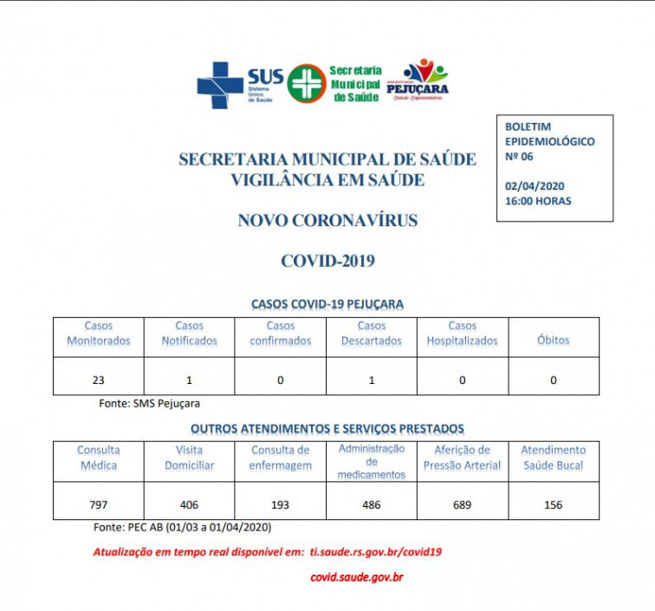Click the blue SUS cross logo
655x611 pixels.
point(220,84)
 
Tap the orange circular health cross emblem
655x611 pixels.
point(307,83)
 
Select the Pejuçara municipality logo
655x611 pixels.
point(424,81)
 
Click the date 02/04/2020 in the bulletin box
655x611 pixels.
point(534,186)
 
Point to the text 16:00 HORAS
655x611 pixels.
point(538,201)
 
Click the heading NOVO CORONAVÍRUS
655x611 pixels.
point(327,221)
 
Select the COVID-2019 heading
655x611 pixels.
point(327,260)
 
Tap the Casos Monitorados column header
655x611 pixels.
point(99,334)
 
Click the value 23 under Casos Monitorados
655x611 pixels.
point(98,380)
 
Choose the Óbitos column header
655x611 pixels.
point(553,341)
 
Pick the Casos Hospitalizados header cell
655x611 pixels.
point(462,334)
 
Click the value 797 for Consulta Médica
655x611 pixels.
point(98,504)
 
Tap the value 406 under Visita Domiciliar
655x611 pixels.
point(189,504)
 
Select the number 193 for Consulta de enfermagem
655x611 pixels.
point(280,504)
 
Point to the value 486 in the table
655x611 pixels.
point(371,504)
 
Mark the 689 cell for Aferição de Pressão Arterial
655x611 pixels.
point(462,504)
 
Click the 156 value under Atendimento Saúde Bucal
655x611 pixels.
point(553,504)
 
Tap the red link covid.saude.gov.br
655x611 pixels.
point(357,576)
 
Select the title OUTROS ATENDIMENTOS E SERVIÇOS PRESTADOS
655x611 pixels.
point(327,428)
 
